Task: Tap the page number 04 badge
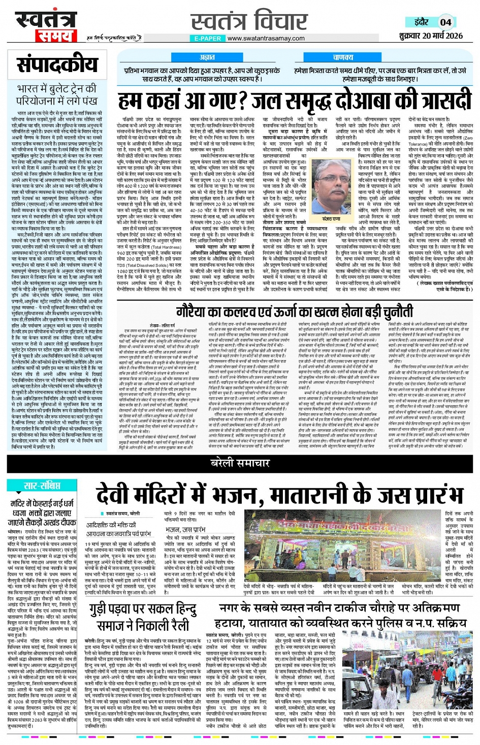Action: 445,22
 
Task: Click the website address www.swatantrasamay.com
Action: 266,38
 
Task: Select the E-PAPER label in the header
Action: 207,38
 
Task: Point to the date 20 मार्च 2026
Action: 437,36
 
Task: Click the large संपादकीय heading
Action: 57,64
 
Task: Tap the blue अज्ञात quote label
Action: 207,57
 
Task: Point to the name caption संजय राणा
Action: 331,219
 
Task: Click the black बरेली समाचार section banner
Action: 240,463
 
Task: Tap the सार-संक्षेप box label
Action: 42,486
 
